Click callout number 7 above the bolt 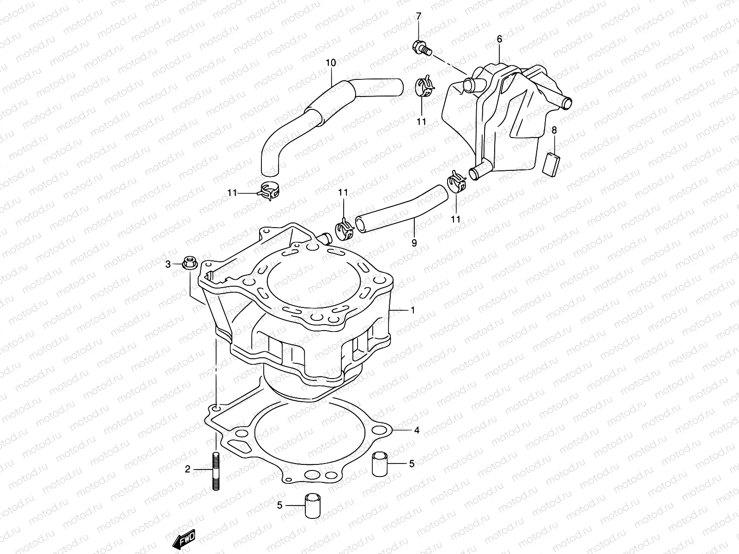[x=418, y=17]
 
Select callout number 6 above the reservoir [x=499, y=40]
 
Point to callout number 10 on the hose [x=331, y=63]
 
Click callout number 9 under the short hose [x=414, y=242]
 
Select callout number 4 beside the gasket [x=417, y=430]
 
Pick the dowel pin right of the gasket [x=380, y=464]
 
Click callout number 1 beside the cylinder [x=412, y=311]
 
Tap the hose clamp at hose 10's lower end [x=270, y=191]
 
